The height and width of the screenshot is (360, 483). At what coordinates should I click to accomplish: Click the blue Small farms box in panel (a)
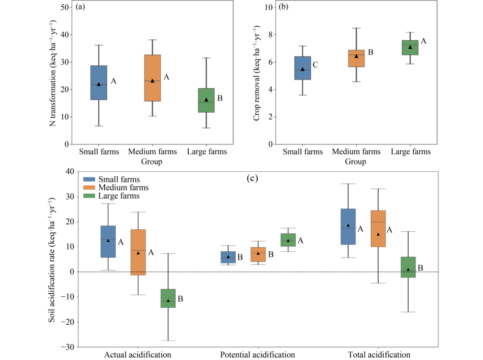[99, 83]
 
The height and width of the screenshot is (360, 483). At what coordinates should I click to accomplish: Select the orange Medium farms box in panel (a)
[153, 78]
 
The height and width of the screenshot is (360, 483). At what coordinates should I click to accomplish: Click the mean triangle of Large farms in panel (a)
[206, 100]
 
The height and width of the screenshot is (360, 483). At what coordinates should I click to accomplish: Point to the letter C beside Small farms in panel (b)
[315, 65]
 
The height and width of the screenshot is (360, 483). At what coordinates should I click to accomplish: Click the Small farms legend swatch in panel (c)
[89, 179]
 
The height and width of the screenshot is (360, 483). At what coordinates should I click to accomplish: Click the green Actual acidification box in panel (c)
[168, 298]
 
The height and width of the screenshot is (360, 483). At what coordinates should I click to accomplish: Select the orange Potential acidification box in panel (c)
[258, 254]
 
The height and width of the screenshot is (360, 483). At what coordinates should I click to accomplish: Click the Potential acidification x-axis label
[258, 355]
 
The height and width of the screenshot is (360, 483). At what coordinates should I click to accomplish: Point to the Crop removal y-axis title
[257, 72]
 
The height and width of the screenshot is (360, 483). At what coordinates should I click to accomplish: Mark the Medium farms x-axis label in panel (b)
[356, 152]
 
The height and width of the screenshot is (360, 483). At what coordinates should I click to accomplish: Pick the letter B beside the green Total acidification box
[420, 268]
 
